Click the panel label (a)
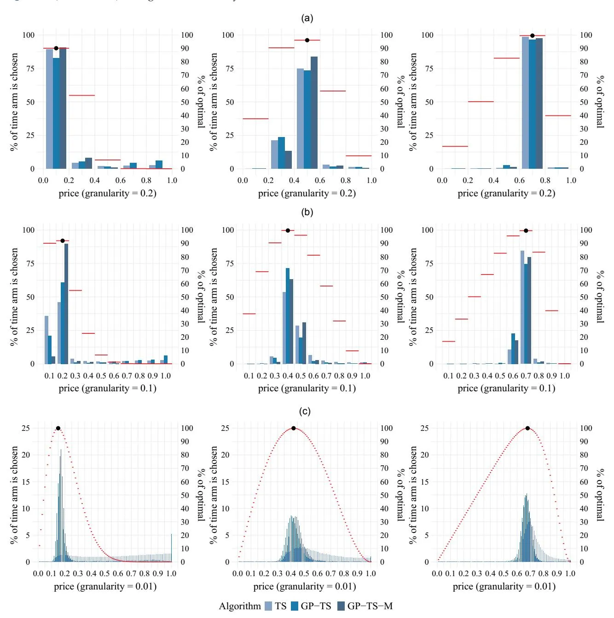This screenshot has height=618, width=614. (x=307, y=18)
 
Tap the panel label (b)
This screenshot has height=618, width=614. (x=307, y=212)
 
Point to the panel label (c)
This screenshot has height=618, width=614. (x=305, y=411)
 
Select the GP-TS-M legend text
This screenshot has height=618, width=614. (x=370, y=606)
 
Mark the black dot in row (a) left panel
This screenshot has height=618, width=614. (x=56, y=48)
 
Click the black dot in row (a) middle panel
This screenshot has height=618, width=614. (x=307, y=40)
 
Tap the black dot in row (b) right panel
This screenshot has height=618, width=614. (x=526, y=231)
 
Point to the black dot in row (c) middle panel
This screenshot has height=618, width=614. (x=294, y=428)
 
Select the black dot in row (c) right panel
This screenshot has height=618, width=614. (x=527, y=428)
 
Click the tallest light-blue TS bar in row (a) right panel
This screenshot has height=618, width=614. (x=525, y=103)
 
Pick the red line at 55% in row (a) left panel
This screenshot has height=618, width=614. (x=82, y=95)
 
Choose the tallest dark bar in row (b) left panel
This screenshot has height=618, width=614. (x=66, y=303)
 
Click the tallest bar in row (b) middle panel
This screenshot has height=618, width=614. (x=288, y=316)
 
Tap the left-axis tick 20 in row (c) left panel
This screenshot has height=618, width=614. (x=26, y=455)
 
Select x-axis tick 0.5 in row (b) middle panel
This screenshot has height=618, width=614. (x=301, y=376)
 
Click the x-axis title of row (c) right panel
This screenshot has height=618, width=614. (x=504, y=586)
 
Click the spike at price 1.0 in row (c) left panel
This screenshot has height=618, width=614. (x=171, y=548)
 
